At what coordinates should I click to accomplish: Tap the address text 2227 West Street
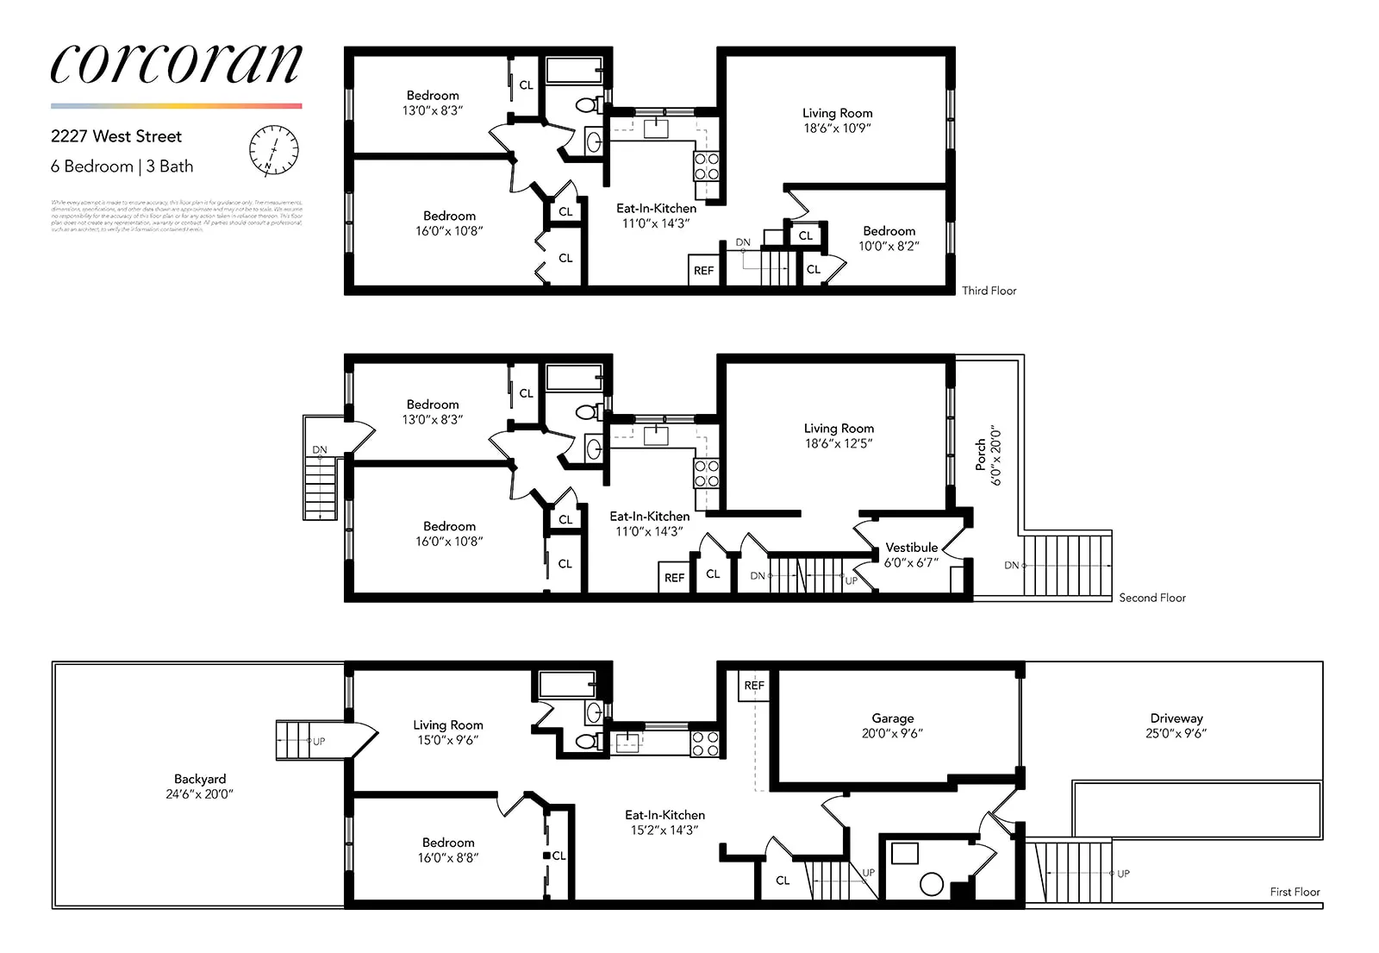tap(116, 136)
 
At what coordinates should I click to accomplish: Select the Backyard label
tap(199, 779)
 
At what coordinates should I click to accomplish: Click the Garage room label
tap(892, 718)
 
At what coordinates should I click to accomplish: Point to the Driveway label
tap(1176, 718)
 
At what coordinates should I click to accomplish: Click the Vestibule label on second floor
tap(911, 548)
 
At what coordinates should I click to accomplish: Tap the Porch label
tap(981, 455)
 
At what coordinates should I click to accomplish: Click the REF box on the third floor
tap(703, 270)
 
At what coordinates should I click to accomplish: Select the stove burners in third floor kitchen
tap(707, 166)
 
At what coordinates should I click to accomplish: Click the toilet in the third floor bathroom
tap(587, 105)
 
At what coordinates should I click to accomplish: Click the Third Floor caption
tap(989, 291)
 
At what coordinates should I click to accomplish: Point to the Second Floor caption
tap(1151, 598)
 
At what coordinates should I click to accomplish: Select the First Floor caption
tap(1295, 892)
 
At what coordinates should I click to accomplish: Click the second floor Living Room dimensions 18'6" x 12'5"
tap(839, 443)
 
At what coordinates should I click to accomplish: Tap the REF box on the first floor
tap(754, 686)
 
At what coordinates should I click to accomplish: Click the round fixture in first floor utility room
tap(932, 884)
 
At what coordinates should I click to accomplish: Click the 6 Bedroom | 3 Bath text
tap(122, 166)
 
